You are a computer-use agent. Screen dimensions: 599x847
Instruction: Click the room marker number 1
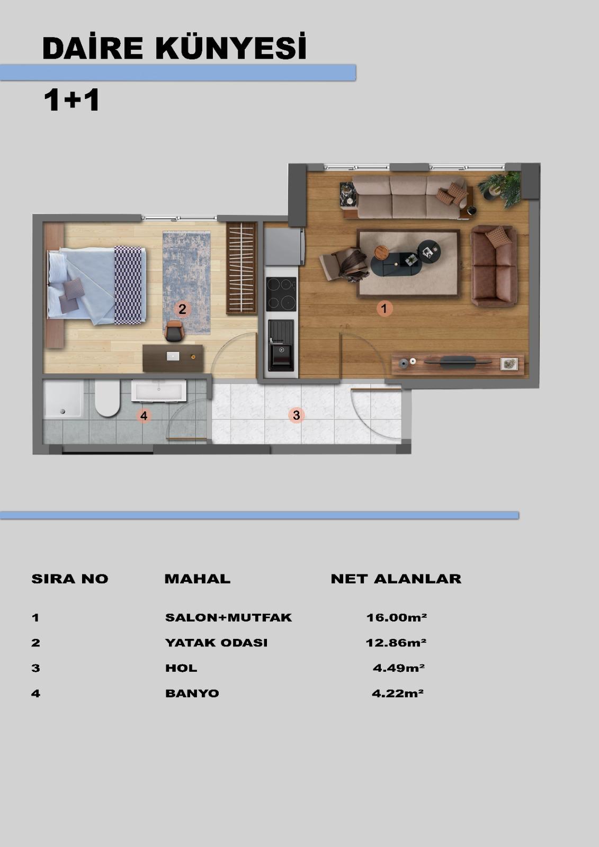click(385, 309)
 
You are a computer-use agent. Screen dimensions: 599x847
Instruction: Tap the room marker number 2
click(182, 309)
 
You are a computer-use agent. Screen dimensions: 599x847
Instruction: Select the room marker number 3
click(296, 415)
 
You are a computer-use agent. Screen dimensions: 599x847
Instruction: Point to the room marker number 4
click(144, 416)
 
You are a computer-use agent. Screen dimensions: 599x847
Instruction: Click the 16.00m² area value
click(396, 617)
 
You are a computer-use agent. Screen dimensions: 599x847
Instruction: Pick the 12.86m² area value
click(396, 643)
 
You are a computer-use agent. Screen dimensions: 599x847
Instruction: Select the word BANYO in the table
click(192, 693)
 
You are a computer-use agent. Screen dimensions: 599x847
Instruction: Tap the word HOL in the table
click(181, 668)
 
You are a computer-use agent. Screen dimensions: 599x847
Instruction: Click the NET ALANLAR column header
click(396, 579)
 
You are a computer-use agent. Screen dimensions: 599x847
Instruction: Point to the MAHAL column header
click(197, 579)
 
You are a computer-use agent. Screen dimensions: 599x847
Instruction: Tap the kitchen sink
click(281, 345)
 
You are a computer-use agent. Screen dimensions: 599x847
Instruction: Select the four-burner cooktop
click(281, 294)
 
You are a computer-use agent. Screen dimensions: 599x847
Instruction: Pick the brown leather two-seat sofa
click(494, 266)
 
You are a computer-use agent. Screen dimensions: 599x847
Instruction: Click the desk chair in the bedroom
click(174, 331)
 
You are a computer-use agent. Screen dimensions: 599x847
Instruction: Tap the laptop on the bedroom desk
click(173, 356)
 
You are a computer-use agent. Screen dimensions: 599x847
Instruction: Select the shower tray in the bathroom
click(63, 399)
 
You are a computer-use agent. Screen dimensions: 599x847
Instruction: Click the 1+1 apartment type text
click(71, 100)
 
